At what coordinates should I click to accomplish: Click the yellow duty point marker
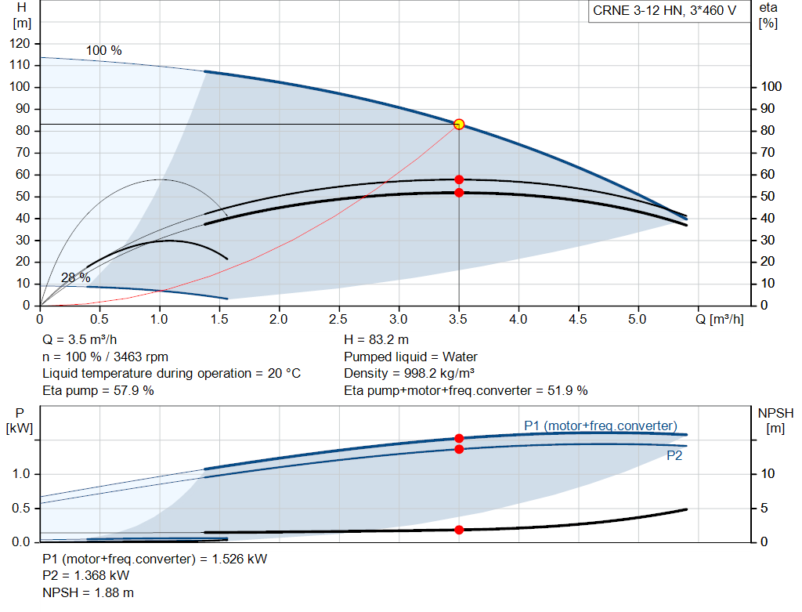tap(459, 124)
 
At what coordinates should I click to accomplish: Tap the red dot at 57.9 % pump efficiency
tap(459, 179)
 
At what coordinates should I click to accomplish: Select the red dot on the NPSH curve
tap(459, 530)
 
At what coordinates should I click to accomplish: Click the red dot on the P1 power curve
tap(459, 438)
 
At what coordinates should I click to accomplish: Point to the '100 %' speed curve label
tap(104, 51)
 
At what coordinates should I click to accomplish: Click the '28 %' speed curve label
tap(76, 278)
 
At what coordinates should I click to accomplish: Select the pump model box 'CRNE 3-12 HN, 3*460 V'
tap(664, 11)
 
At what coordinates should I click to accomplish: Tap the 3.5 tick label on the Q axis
tap(458, 319)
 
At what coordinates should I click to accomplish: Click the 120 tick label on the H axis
tap(20, 44)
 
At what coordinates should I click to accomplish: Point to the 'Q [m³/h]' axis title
tap(720, 319)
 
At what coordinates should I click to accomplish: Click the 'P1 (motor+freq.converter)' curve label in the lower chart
tap(601, 426)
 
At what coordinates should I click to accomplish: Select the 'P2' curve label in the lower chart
tap(674, 455)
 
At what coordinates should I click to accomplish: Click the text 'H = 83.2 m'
tap(377, 340)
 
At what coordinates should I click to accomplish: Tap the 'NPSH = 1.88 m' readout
tap(88, 592)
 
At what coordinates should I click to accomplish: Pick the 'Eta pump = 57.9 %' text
tap(98, 390)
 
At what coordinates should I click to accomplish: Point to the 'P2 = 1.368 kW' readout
tap(86, 576)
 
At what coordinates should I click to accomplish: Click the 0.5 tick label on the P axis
tap(21, 508)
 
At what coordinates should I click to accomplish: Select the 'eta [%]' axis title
tap(768, 16)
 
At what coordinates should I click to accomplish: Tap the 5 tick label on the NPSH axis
tap(764, 508)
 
